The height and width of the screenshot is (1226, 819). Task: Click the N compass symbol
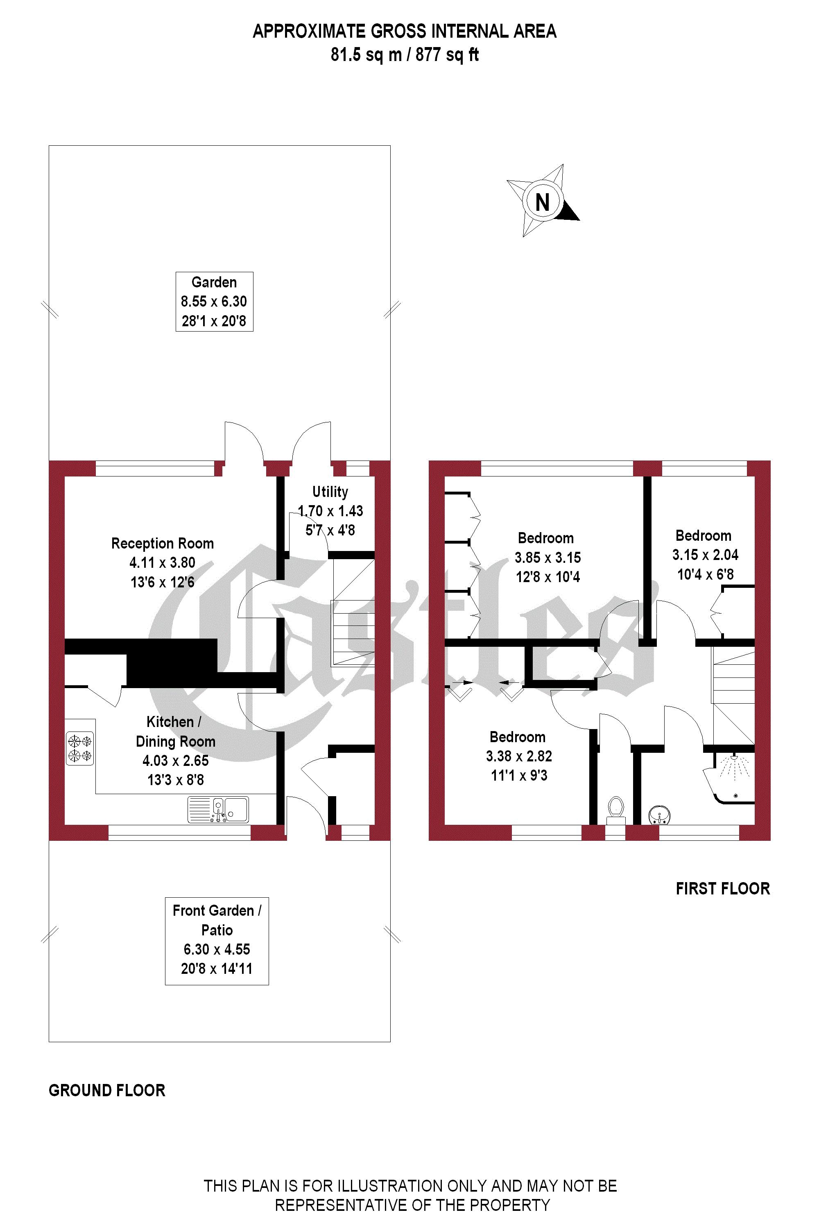coord(543,201)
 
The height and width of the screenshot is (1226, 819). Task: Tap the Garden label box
coord(214,301)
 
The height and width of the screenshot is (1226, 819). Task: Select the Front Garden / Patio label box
coord(217,941)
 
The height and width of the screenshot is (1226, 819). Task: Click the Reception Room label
coord(163,544)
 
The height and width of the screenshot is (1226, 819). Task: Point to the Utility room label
coord(330,492)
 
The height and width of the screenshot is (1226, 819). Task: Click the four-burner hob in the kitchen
coord(80,748)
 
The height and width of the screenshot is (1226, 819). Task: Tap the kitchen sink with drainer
coord(218,810)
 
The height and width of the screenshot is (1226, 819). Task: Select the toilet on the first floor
coord(616,809)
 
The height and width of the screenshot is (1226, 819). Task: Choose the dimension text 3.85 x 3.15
coord(548,558)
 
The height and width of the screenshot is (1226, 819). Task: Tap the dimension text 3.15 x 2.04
coord(705,555)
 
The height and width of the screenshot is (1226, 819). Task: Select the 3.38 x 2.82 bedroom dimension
coord(519,756)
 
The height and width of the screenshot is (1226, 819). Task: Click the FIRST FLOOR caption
coord(722,889)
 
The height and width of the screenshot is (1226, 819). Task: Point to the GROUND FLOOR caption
coord(107,1090)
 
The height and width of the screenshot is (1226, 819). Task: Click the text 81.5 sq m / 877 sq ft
coord(405,55)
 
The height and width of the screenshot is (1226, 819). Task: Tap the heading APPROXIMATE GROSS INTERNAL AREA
coord(405,32)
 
